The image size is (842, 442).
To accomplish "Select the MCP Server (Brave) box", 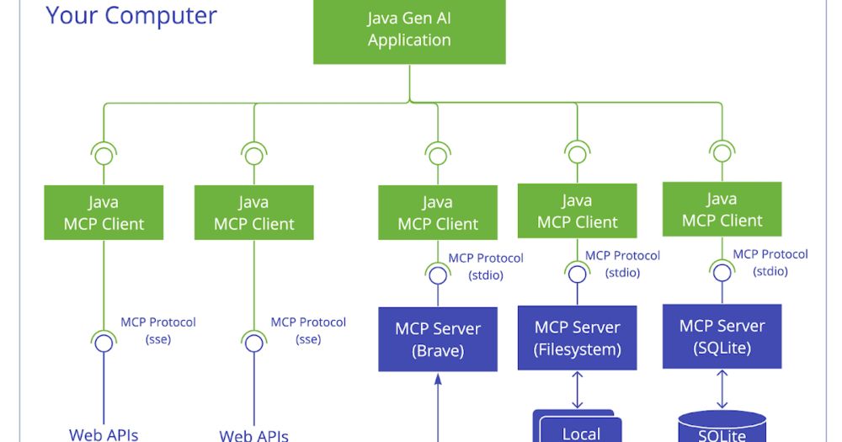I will click(x=438, y=339).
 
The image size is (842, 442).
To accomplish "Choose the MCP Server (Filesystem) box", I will click(x=578, y=338).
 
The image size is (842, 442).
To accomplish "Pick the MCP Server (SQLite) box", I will click(x=722, y=337).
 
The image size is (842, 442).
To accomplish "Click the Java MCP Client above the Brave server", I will click(x=438, y=213).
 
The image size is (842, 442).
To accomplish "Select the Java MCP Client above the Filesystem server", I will click(x=578, y=211).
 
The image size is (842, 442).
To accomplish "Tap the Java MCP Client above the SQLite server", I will click(x=722, y=210).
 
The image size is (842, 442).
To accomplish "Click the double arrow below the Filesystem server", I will click(x=578, y=389).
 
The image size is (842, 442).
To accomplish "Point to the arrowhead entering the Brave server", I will click(x=438, y=380).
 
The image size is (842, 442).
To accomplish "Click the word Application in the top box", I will click(x=409, y=40).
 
